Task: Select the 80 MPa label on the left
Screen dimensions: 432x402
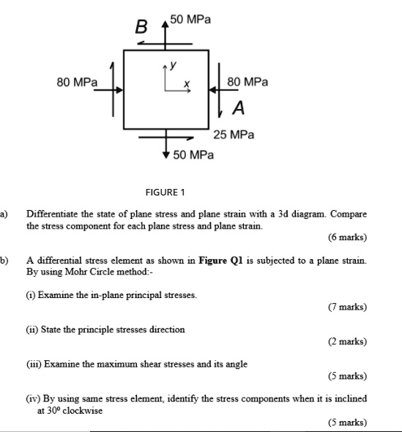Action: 77,83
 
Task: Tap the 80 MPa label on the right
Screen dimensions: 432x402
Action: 247,83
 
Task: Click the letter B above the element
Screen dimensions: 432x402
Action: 142,29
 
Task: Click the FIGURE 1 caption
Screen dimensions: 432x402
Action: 165,192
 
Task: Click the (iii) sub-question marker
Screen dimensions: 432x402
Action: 34,363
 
